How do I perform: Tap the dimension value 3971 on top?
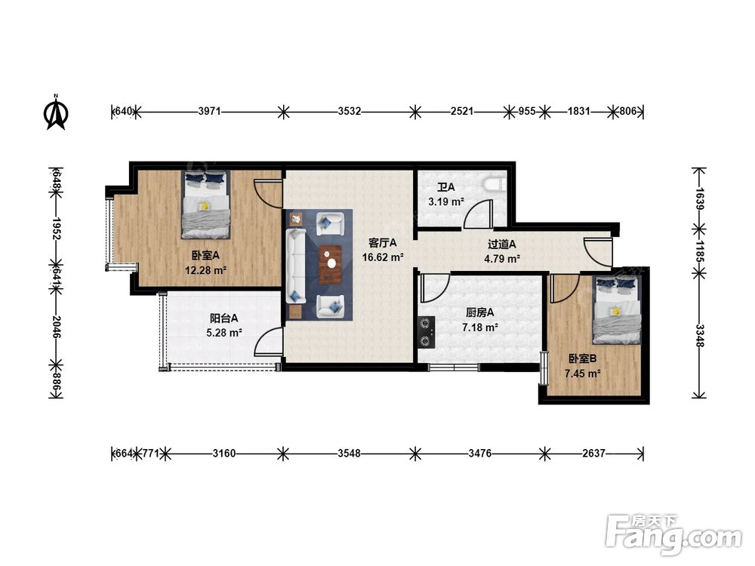(x=209, y=112)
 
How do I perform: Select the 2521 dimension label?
(x=462, y=112)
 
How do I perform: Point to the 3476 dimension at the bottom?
(x=479, y=453)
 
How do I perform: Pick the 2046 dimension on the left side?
(x=57, y=327)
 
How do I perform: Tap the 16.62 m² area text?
(x=383, y=257)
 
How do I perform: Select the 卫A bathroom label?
(x=446, y=186)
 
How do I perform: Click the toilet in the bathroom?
(x=494, y=183)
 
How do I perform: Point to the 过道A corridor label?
(x=502, y=245)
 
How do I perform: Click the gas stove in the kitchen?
(x=427, y=331)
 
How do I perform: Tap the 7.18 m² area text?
(x=480, y=328)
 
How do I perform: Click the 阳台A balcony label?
(x=224, y=318)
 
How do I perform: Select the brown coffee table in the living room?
(x=331, y=263)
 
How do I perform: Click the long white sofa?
(x=296, y=266)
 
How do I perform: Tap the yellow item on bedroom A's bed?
(x=205, y=206)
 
